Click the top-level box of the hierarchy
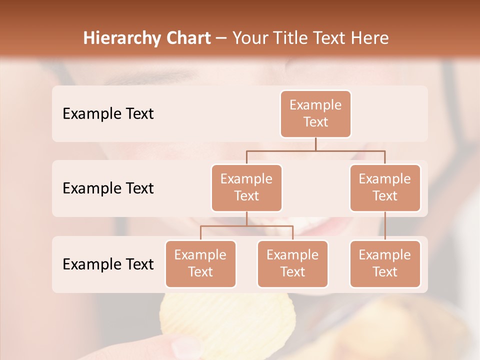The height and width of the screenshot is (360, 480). tap(315, 114)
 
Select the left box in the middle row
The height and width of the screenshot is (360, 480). tap(246, 188)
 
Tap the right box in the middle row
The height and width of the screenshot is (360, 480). tap(385, 188)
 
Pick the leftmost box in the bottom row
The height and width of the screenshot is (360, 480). tap(200, 264)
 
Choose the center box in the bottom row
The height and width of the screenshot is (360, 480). tap(292, 264)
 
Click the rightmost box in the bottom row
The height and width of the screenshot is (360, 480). tap(385, 264)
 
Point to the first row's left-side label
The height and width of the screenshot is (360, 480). tap(108, 114)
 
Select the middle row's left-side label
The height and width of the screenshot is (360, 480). tap(108, 188)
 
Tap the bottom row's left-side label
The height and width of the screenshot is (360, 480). tap(108, 264)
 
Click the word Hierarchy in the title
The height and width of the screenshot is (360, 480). tap(122, 38)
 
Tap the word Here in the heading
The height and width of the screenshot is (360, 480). tap(370, 38)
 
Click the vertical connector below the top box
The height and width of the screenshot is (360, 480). tap(315, 144)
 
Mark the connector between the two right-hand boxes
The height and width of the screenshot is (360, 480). tap(385, 226)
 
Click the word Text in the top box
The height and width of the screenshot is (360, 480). tap(315, 122)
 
